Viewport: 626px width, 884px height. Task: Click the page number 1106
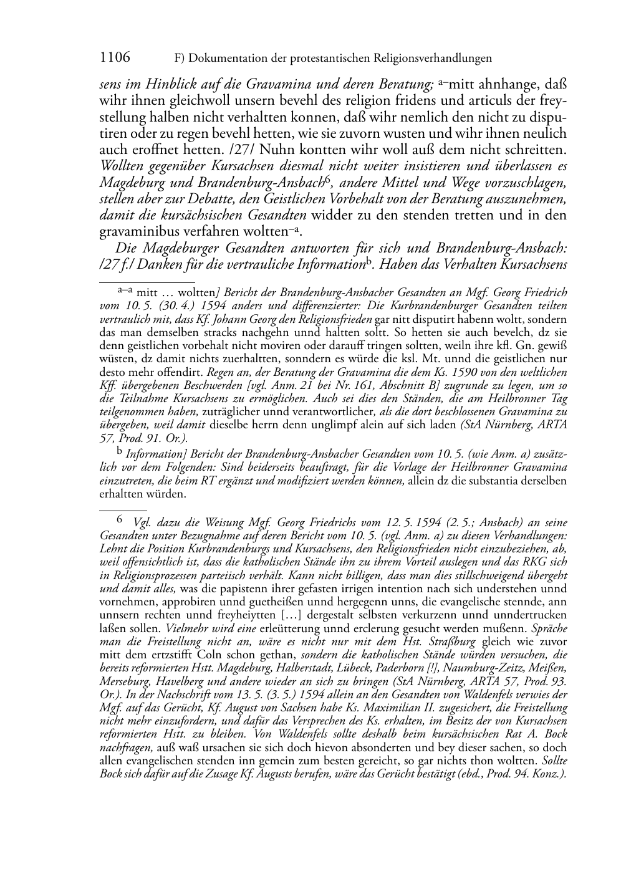(x=115, y=58)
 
